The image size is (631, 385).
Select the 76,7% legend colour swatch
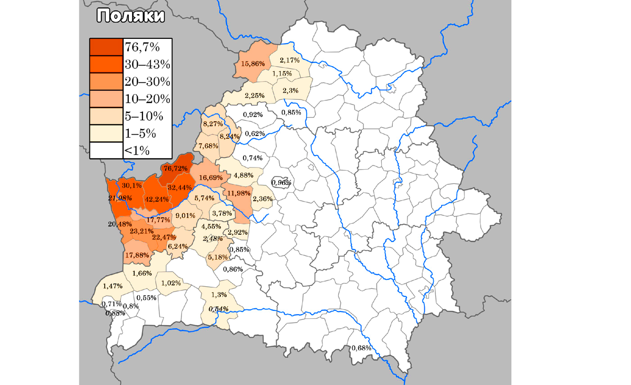(106, 47)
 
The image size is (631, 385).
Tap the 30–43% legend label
(147, 65)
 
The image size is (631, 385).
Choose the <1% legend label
(137, 151)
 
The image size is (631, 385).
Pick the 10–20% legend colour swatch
(106, 99)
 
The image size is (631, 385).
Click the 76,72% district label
(175, 169)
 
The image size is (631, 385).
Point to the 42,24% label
(157, 199)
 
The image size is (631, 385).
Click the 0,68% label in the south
(361, 348)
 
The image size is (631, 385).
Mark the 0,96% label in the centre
(281, 182)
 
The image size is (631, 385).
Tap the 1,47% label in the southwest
(113, 286)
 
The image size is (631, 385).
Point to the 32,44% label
(180, 187)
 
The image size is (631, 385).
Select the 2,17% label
(290, 60)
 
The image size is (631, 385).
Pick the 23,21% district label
(141, 231)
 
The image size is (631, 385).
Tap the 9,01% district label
(185, 215)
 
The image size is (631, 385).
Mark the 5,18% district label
(217, 257)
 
